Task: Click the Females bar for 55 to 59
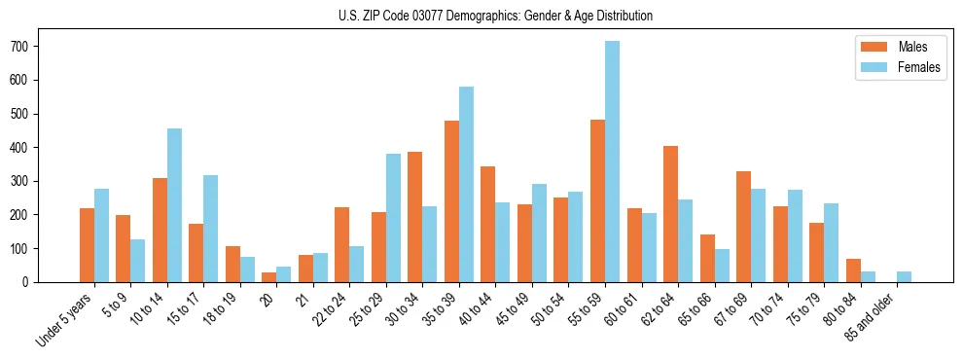click(613, 162)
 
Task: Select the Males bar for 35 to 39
click(452, 201)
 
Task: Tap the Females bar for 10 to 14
click(175, 205)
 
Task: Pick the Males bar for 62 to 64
click(671, 214)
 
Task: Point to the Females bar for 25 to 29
click(394, 218)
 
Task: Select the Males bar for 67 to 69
click(744, 227)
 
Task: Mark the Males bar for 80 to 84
click(853, 270)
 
